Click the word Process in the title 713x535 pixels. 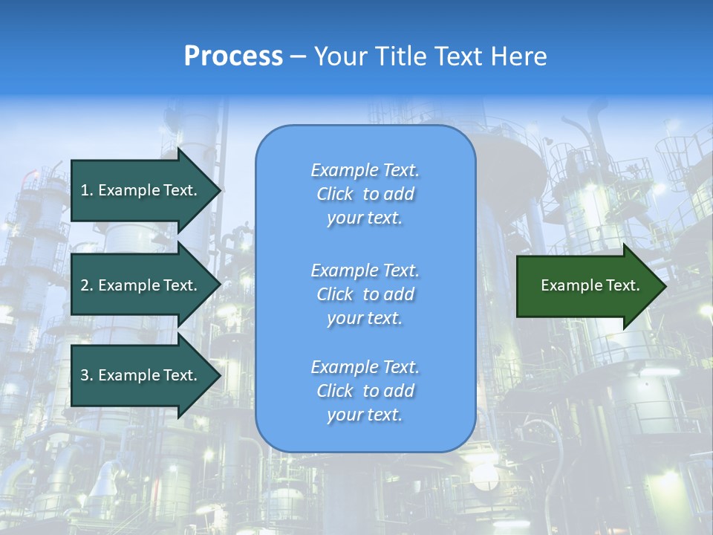(233, 56)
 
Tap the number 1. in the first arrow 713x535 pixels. (87, 190)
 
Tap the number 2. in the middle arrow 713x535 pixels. (87, 285)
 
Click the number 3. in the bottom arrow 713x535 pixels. (87, 375)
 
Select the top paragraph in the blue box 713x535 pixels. (365, 194)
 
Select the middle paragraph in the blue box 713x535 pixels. (365, 294)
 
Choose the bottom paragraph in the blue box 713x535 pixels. (365, 391)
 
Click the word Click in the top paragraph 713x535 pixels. (335, 194)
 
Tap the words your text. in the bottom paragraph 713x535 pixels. (365, 415)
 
